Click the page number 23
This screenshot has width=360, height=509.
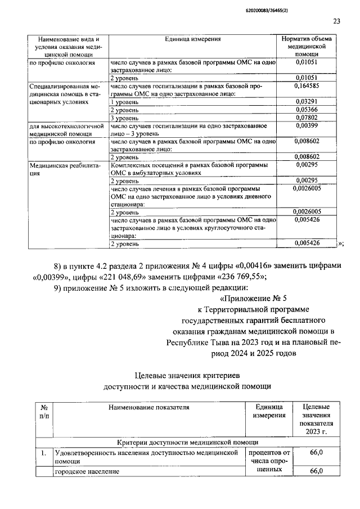pos(336,21)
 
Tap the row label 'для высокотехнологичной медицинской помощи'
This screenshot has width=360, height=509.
pos(67,130)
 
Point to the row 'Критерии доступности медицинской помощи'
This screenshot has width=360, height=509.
pos(188,443)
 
